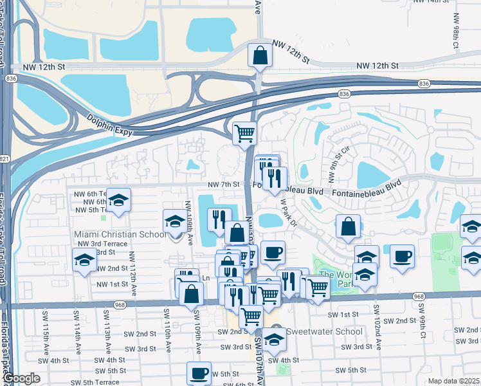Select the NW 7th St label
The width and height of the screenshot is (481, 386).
(224, 185)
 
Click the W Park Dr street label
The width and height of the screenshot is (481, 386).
(287, 212)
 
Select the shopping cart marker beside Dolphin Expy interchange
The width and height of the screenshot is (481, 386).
(244, 133)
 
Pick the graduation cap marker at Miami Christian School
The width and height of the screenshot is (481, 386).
(174, 222)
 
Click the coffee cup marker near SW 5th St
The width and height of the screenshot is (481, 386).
(199, 372)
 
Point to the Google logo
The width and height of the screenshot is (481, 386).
(21, 378)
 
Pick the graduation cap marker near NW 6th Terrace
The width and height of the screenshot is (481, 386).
(119, 200)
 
